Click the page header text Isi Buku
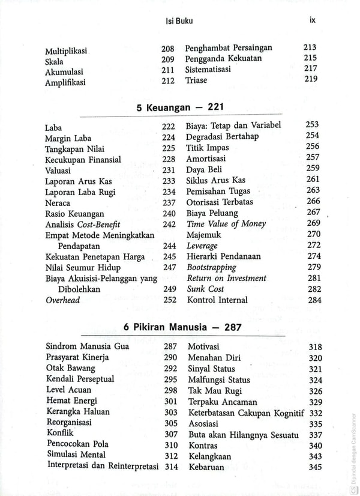pos(179,21)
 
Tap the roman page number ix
pos(312,19)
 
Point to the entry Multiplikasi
pos(67,51)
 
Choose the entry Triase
pos(196,80)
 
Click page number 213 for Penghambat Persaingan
pos(310,47)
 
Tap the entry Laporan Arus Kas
pos(78,181)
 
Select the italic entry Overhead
pos(63,300)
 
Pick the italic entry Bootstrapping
pos(211,267)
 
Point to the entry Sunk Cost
pos(205,289)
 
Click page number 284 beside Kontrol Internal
pos(313,300)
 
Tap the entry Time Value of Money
pos(226,224)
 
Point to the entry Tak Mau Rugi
pos(213,391)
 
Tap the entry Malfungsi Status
pos(219,380)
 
